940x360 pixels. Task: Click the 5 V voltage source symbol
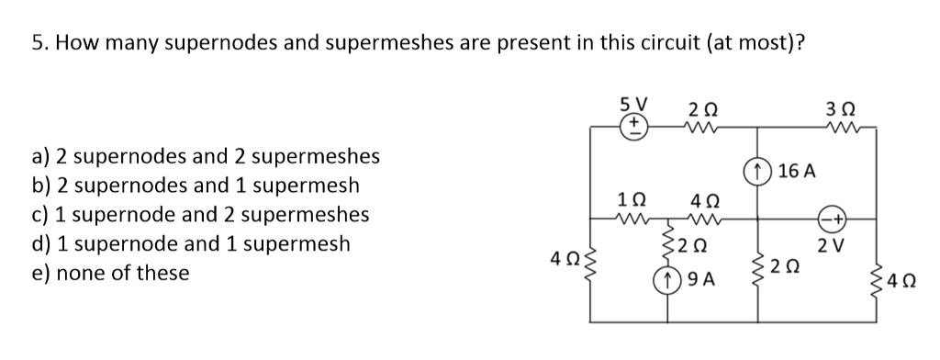(633, 125)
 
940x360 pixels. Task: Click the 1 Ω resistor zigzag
(633, 219)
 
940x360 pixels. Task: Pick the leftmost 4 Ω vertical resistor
(589, 271)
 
